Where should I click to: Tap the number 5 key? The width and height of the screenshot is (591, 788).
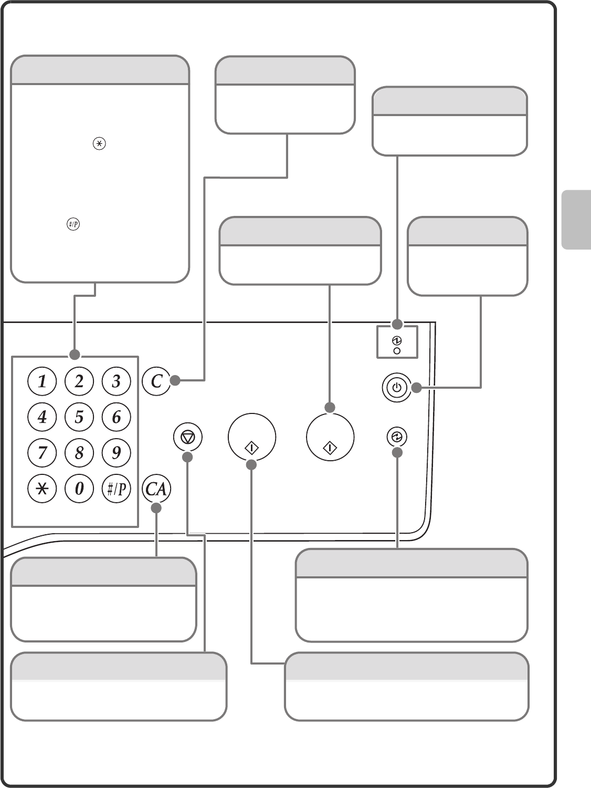tap(79, 417)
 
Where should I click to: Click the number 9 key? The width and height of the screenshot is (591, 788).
tap(116, 452)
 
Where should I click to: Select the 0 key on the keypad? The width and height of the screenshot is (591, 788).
tap(79, 489)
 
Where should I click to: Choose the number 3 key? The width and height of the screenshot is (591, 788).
tap(116, 381)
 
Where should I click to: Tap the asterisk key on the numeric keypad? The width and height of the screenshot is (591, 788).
tap(42, 489)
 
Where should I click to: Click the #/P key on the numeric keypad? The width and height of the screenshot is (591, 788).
tap(116, 489)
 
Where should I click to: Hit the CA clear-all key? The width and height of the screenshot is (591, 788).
tap(156, 489)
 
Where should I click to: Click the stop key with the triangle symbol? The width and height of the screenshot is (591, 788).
tap(187, 437)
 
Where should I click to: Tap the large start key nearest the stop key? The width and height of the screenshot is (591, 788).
tap(252, 438)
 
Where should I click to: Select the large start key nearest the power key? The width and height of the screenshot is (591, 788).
tap(330, 438)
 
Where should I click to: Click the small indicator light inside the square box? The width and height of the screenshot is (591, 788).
tap(397, 351)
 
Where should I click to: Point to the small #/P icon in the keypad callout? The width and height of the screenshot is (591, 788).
tap(73, 225)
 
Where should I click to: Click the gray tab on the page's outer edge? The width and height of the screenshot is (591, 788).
tap(576, 219)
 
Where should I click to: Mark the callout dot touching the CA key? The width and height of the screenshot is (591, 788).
tap(156, 508)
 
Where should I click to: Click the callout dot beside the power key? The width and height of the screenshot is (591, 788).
tap(416, 388)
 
